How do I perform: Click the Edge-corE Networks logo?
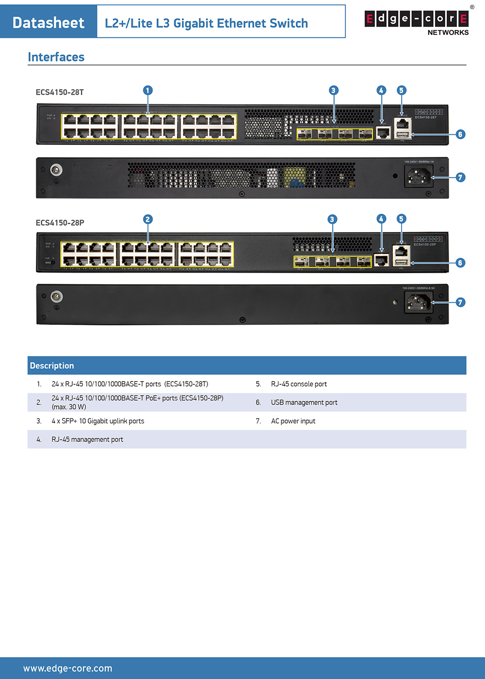(x=417, y=22)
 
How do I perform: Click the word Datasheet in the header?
(x=48, y=22)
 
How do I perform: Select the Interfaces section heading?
(x=56, y=57)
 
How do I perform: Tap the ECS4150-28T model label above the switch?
(x=60, y=92)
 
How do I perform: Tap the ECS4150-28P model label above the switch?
(x=60, y=223)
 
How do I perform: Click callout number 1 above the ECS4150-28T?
(x=148, y=90)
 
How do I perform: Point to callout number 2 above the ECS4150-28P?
(x=148, y=219)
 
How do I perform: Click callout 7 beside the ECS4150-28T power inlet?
(x=460, y=177)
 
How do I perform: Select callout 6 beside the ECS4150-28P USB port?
(x=460, y=263)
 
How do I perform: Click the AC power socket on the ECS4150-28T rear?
(x=418, y=176)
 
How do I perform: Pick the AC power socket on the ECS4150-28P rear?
(x=419, y=303)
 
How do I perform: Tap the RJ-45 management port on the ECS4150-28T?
(x=383, y=132)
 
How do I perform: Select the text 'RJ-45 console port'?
(x=299, y=384)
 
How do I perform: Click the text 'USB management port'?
(x=304, y=402)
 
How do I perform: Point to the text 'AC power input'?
(x=293, y=421)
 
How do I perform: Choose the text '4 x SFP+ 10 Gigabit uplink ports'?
(x=98, y=421)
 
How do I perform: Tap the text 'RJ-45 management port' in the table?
(x=87, y=439)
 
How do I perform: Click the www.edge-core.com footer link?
(x=67, y=668)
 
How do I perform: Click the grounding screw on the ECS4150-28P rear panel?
(x=56, y=296)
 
